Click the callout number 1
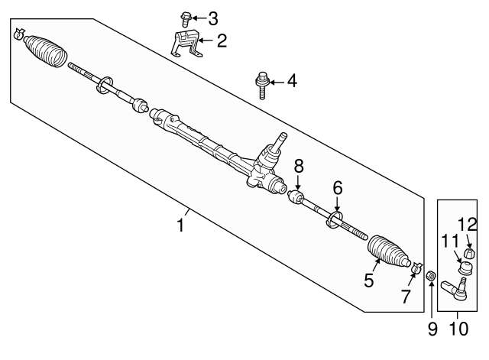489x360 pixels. tap(180, 226)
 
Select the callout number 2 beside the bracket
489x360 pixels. tap(222, 41)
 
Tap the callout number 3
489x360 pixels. tap(213, 17)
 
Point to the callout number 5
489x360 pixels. tap(369, 281)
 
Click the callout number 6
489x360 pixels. tap(337, 188)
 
